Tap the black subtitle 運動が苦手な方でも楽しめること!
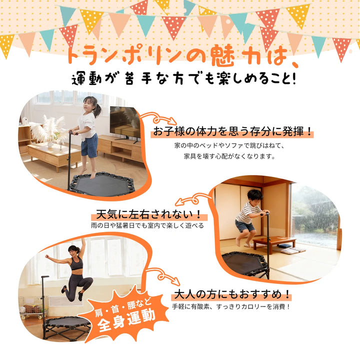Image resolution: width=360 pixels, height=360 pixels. tap(183, 78)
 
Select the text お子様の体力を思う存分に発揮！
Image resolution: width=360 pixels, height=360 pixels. tap(232, 131)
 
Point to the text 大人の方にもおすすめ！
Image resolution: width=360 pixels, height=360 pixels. tap(231, 294)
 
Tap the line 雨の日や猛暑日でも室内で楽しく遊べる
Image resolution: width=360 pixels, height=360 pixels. tap(147, 225)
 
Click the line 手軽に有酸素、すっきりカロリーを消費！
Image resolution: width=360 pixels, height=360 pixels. tap(231, 306)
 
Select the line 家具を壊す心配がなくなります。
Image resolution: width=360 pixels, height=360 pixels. tap(229, 156)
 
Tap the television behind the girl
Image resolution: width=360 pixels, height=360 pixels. tap(124, 123)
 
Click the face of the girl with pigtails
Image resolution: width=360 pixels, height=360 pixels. tap(88, 105)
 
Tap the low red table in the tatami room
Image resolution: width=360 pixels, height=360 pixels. tap(274, 243)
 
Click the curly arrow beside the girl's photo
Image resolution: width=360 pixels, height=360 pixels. tap(158, 118)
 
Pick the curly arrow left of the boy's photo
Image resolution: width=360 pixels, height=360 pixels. tap(193, 199)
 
